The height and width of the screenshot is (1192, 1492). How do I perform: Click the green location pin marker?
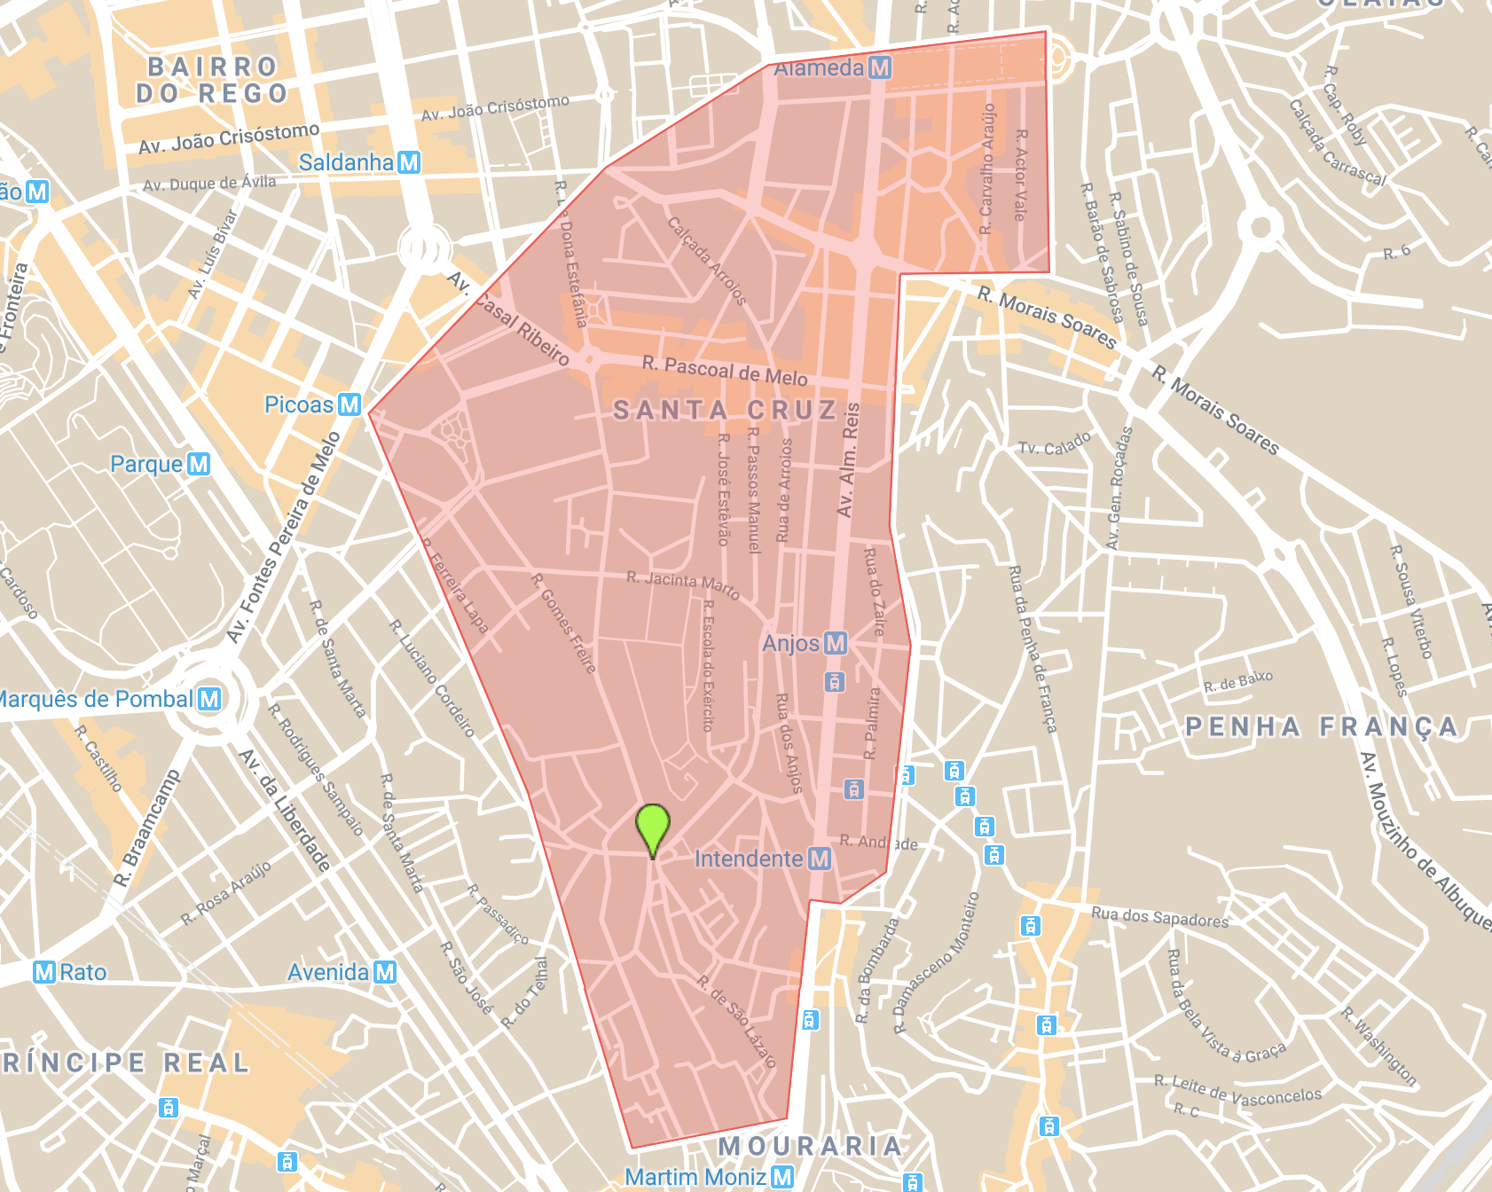(653, 827)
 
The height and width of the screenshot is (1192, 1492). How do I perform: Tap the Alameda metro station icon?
(880, 67)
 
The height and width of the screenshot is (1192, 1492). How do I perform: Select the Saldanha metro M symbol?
(409, 162)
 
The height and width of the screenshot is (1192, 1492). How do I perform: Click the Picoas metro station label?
(299, 404)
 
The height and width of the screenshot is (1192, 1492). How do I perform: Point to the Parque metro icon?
(199, 464)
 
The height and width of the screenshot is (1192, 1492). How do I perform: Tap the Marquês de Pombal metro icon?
(209, 699)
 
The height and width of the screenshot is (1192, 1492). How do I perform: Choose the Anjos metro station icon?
(836, 643)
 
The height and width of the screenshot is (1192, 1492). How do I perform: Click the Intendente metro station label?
(749, 859)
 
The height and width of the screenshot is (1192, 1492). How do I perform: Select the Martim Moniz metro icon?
(781, 1177)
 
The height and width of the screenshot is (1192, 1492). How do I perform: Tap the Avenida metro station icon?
(384, 972)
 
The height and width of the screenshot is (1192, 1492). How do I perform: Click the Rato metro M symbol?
(44, 972)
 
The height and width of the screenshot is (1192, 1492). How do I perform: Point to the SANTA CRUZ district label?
(725, 410)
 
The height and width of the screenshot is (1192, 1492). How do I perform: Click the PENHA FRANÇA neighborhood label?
(1322, 727)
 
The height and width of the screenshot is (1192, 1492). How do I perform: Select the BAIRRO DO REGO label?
(213, 80)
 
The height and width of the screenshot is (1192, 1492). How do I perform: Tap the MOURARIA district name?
(810, 1146)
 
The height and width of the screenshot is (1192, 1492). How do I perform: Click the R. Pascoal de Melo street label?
(725, 371)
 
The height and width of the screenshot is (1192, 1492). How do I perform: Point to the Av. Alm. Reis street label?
(848, 459)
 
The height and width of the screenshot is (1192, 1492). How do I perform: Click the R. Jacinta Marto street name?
(682, 585)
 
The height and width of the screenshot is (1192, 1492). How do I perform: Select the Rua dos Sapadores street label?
(1159, 917)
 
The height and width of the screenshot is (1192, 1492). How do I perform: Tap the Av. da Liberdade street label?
(285, 811)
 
